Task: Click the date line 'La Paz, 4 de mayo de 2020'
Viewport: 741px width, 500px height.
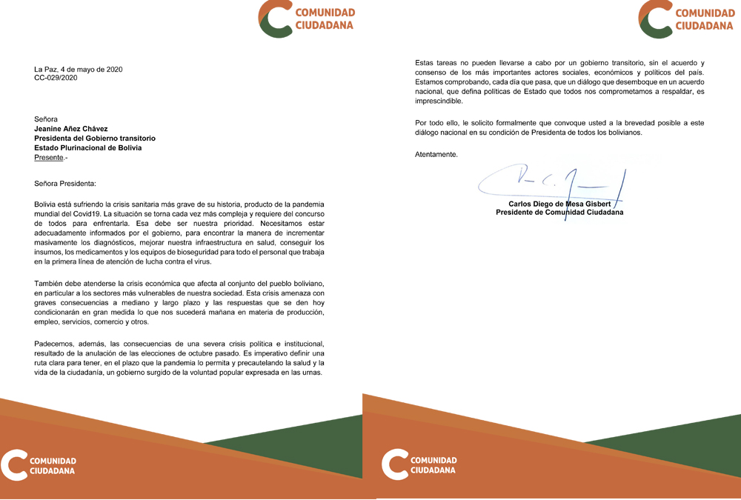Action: coord(79,70)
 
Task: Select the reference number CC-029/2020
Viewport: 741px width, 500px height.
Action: coord(56,77)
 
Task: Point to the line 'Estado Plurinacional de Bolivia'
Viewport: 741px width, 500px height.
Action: coord(88,147)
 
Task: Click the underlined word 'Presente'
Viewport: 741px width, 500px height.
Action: coord(49,157)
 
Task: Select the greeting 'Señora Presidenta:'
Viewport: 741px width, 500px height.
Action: coord(65,183)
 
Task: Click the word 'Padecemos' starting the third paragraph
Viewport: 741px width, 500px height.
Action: coord(54,343)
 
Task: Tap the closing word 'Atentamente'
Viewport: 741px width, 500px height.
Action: coord(436,154)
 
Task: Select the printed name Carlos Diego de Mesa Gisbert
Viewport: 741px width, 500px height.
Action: coord(559,203)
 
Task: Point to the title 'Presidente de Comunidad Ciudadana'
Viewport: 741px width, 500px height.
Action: coord(559,212)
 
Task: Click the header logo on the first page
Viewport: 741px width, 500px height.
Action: coord(307,19)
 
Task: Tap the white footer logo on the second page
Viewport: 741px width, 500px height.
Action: coord(419,465)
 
